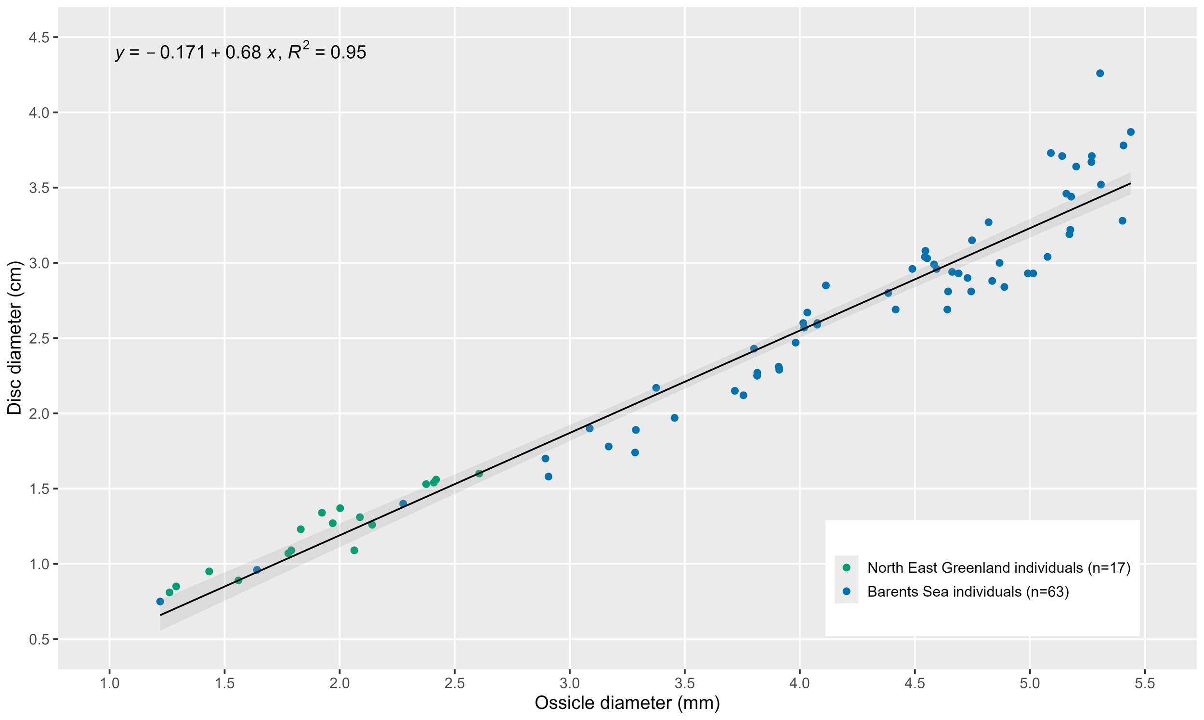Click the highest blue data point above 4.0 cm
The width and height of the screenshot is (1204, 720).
[1099, 73]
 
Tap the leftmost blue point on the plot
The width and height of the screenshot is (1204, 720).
[160, 602]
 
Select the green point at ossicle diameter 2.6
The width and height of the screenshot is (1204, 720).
[479, 474]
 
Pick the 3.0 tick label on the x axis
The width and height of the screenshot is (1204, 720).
[569, 684]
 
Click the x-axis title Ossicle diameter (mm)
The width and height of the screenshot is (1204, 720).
[627, 703]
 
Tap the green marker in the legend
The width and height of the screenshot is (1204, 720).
[846, 567]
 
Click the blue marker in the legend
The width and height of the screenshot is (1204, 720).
[846, 591]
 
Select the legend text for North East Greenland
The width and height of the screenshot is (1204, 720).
[999, 567]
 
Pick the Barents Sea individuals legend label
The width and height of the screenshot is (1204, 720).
[968, 592]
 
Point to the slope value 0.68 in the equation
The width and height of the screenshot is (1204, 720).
[243, 52]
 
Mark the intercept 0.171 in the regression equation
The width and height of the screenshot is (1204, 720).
[183, 52]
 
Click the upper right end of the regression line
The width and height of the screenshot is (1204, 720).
[1130, 183]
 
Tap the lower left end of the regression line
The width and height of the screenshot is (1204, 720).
[161, 615]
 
